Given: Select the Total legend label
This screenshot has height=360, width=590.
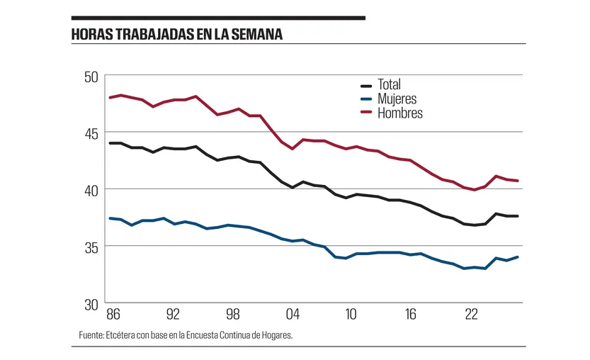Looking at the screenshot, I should click(390, 85).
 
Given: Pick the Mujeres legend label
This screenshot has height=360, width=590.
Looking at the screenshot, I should click(397, 99).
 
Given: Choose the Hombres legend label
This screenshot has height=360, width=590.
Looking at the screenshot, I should click(400, 113).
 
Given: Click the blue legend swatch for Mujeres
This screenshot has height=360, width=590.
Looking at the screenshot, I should click(367, 99).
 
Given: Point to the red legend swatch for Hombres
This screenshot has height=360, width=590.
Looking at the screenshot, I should click(367, 113).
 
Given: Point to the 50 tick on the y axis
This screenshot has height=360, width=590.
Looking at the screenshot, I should click(92, 76).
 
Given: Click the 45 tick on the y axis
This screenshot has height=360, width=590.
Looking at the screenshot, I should click(92, 133).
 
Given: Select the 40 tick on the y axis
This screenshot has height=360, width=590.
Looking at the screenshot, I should click(92, 189).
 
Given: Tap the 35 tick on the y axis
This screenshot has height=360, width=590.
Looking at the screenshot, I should click(92, 247).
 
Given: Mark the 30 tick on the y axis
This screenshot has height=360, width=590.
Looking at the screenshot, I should click(92, 303).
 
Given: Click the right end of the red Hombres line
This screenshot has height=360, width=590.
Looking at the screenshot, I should click(518, 181).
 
